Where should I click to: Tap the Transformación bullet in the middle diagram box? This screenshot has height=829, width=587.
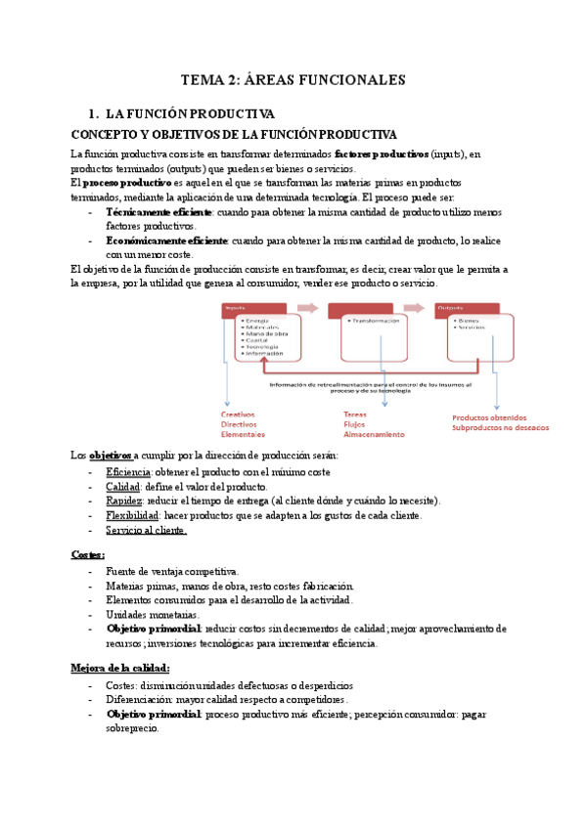pyautogui.click(x=374, y=322)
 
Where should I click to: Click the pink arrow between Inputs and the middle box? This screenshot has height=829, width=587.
pyautogui.click(x=308, y=309)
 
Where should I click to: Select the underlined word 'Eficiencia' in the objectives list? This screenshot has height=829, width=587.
pyautogui.click(x=129, y=472)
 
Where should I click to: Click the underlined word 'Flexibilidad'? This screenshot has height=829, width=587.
pyautogui.click(x=132, y=515)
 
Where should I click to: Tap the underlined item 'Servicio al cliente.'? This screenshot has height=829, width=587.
pyautogui.click(x=146, y=530)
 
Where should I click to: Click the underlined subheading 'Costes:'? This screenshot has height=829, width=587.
pyautogui.click(x=88, y=554)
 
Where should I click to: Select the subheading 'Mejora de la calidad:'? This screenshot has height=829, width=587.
pyautogui.click(x=120, y=668)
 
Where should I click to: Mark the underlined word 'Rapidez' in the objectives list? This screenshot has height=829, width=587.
pyautogui.click(x=125, y=501)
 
